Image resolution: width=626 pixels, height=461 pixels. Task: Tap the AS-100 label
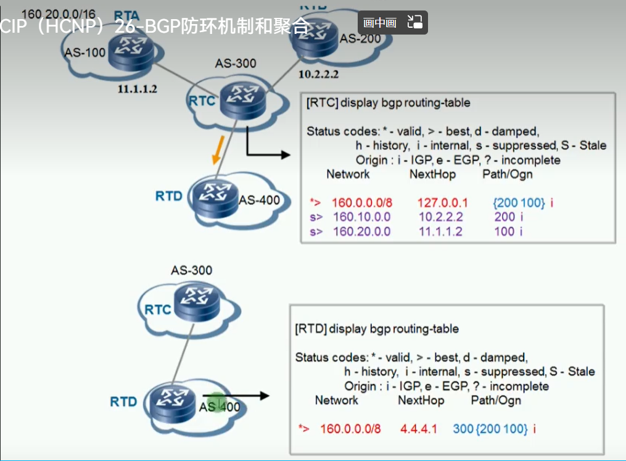pyautogui.click(x=84, y=52)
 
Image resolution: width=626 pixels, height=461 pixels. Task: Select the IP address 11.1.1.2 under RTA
pyautogui.click(x=138, y=89)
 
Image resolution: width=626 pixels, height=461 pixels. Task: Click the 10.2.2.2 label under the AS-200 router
pyautogui.click(x=319, y=74)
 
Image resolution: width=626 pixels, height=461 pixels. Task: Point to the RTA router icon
pyautogui.click(x=130, y=49)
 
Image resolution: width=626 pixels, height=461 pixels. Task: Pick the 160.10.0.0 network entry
pyautogui.click(x=361, y=217)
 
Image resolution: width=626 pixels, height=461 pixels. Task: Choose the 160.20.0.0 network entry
pyautogui.click(x=361, y=232)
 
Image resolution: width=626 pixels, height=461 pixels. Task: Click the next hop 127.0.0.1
pyautogui.click(x=442, y=202)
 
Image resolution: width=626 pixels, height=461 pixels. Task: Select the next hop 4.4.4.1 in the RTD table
pyautogui.click(x=418, y=428)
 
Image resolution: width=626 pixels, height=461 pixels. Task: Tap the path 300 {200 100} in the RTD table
pyautogui.click(x=490, y=428)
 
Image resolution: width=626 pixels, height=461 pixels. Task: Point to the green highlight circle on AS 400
pyautogui.click(x=216, y=404)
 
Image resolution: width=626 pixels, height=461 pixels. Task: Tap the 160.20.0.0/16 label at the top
pyautogui.click(x=59, y=12)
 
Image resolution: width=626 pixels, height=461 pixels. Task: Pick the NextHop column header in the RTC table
pyautogui.click(x=432, y=174)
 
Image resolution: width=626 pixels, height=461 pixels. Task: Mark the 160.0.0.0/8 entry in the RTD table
pyautogui.click(x=350, y=428)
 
